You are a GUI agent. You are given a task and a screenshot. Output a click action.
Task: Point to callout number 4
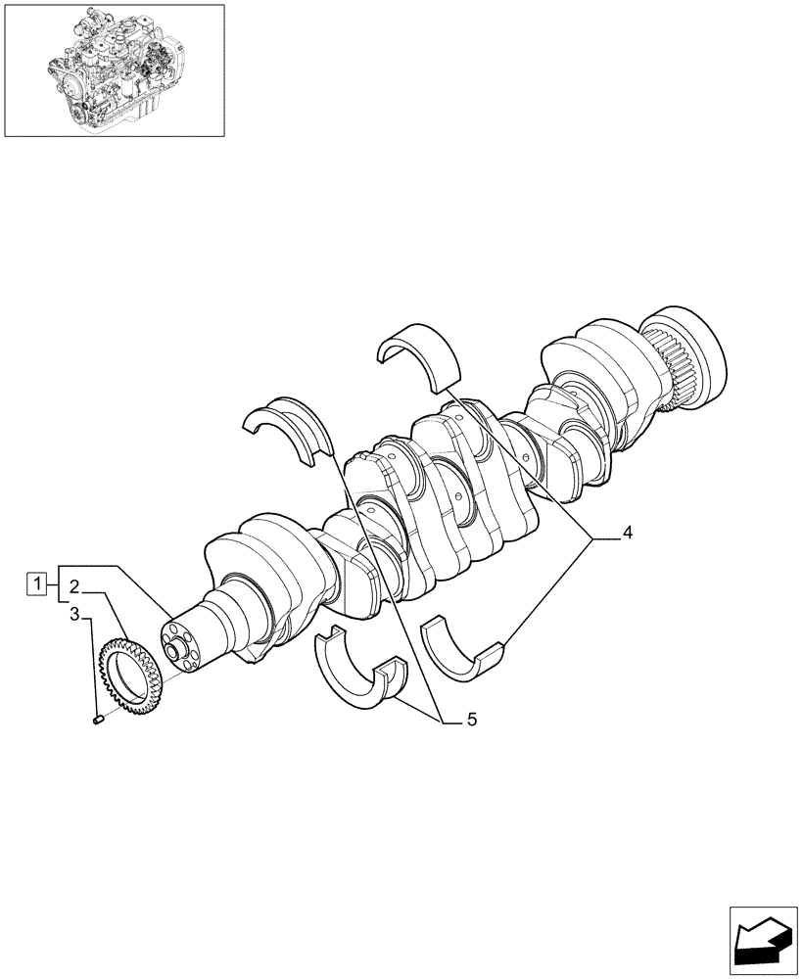pos(627,534)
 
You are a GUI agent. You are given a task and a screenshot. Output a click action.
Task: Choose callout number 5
pos(471,720)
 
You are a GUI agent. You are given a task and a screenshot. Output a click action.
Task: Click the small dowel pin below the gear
pos(98,722)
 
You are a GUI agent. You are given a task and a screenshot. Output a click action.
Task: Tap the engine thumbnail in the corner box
pos(115,70)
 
